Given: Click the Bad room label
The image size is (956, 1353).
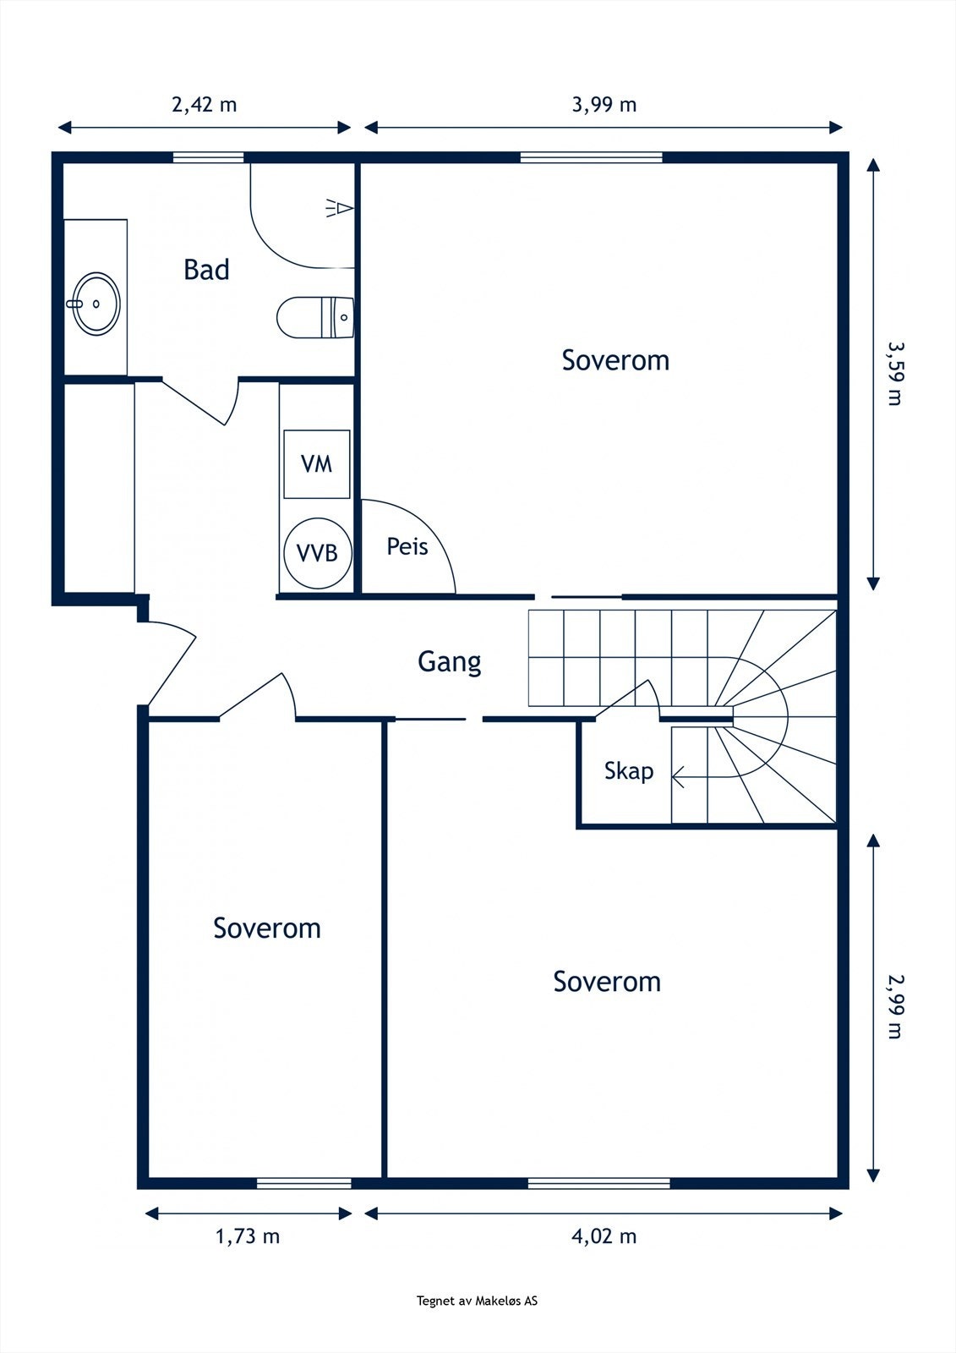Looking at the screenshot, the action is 206,270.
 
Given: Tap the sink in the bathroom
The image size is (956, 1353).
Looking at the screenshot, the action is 96,304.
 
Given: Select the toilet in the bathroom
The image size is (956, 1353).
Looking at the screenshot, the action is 315,317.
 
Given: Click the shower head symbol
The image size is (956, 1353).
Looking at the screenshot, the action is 340,208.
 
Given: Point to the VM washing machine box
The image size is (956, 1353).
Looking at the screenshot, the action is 316,464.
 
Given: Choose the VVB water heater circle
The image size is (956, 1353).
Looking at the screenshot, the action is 318,553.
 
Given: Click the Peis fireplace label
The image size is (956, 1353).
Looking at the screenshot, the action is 407,546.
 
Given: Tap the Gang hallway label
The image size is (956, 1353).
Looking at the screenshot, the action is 450,662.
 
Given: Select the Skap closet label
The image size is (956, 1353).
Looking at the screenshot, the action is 629,771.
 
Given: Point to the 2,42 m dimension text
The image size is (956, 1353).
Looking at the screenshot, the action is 204,105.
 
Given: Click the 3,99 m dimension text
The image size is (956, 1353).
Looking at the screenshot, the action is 604,105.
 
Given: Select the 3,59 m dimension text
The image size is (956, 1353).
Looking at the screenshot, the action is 894,374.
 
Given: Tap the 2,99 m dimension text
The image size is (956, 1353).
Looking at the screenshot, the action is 894,1006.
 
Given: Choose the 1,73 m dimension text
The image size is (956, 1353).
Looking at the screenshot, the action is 248,1236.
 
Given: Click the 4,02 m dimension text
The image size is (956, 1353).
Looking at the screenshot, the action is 604,1236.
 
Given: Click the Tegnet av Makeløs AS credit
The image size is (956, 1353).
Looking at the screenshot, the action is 477,1301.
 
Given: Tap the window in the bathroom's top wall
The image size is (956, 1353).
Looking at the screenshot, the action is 208,157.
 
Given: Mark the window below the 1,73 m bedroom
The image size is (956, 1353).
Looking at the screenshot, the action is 303,1183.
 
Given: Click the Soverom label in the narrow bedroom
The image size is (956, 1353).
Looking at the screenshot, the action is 267,928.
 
